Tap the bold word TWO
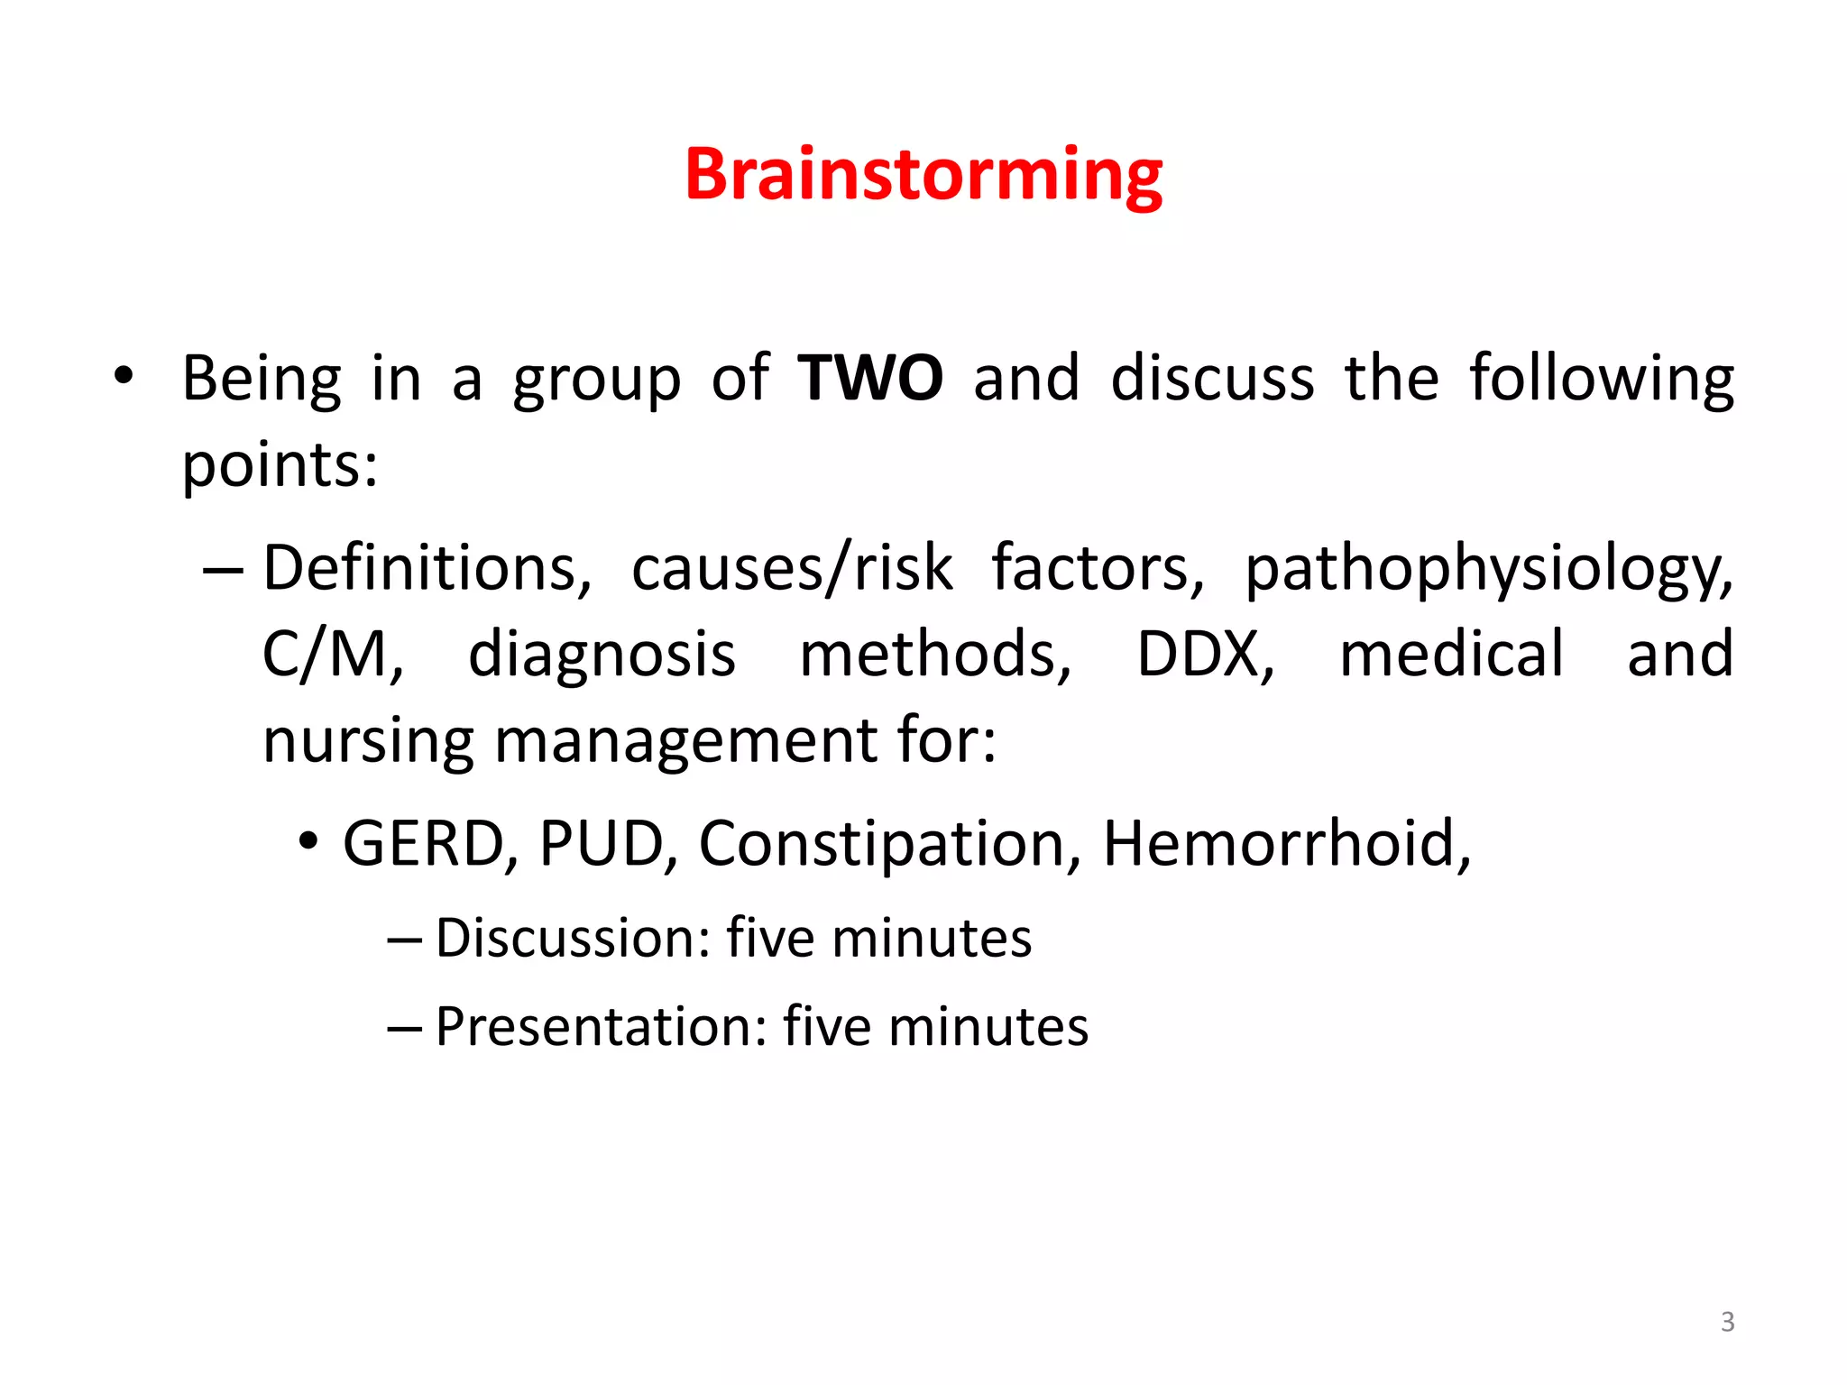pos(870,378)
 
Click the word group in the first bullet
pos(596,381)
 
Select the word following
pos(1602,380)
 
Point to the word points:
pos(280,466)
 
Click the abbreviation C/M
pos(332,654)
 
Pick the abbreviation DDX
pos(1205,654)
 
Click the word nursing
pos(368,742)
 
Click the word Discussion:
pos(574,939)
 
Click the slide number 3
pos(1727,1322)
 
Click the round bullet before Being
pos(124,376)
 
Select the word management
pos(686,742)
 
